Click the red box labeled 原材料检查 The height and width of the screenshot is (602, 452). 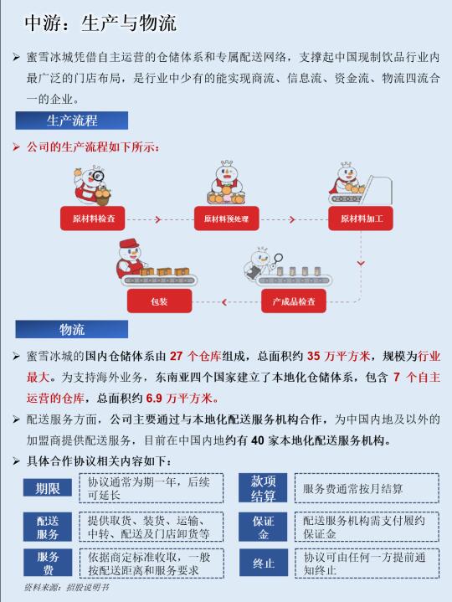tap(92, 219)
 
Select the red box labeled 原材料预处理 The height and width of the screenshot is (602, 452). tap(226, 219)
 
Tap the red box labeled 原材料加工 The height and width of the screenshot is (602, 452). tap(361, 219)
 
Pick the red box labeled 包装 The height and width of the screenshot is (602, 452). tap(159, 301)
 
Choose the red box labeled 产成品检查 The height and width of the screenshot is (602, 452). tap(294, 301)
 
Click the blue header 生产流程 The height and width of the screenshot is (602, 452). tap(72, 121)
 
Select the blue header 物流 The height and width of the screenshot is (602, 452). tap(72, 329)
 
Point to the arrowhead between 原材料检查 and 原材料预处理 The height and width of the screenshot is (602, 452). tap(157, 219)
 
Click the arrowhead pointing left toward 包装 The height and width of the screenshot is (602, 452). tap(224, 302)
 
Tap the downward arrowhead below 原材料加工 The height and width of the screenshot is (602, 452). tap(361, 264)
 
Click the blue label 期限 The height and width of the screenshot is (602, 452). tap(48, 488)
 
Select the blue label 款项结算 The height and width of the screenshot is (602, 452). tap(263, 488)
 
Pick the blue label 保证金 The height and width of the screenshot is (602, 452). tap(263, 527)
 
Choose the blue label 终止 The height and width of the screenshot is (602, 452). tap(263, 563)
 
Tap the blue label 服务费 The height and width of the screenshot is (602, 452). tap(48, 563)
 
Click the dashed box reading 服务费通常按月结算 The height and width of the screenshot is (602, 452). tap(367, 488)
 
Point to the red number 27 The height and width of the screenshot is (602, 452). tap(176, 356)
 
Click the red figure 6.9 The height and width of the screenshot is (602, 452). tap(154, 399)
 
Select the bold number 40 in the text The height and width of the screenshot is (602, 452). tap(258, 440)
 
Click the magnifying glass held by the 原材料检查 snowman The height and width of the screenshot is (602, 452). tap(97, 177)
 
